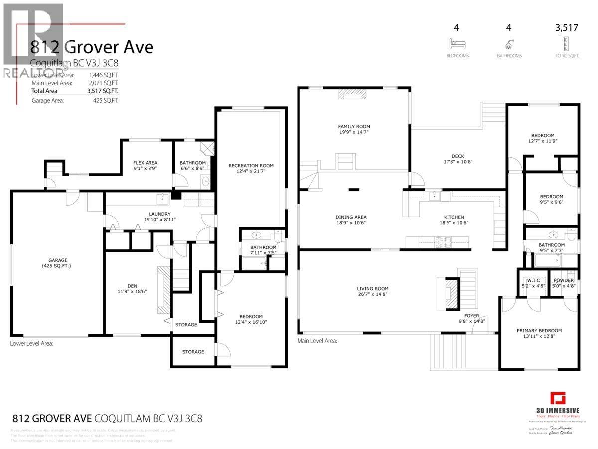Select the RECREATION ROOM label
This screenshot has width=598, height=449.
pos(251,165)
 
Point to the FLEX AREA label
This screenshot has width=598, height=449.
pos(145,163)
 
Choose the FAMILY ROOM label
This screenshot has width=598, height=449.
pos(354,127)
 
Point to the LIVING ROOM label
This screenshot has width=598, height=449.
pos(372,288)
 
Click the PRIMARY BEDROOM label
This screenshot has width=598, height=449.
pos(539,330)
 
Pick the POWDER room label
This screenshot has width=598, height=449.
pos(563,280)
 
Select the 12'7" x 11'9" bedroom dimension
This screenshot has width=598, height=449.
pos(542,142)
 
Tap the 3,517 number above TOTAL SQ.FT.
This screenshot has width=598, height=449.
pos(567,28)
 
